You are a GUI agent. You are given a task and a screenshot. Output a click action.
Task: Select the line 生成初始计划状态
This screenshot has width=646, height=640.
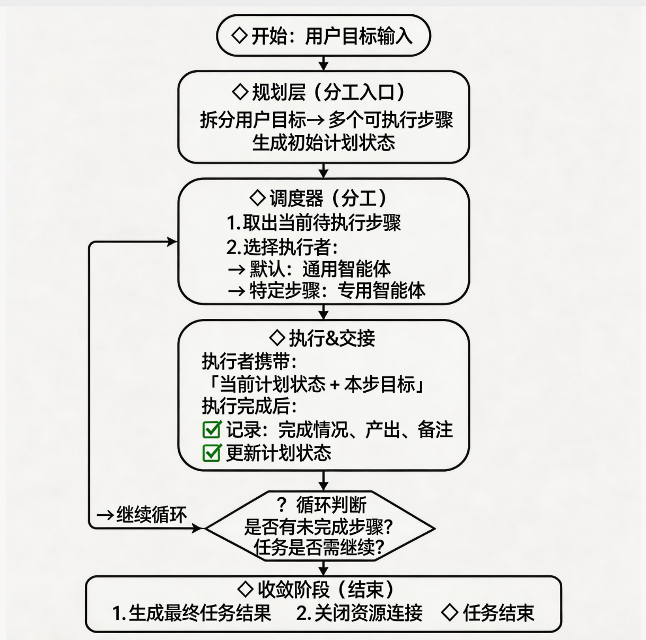324,143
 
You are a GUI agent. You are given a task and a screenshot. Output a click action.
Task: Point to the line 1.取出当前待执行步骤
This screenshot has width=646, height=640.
313,223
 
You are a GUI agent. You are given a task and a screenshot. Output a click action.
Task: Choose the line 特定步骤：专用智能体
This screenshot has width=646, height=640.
337,291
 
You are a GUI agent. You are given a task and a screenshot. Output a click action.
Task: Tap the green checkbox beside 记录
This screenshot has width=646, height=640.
212,429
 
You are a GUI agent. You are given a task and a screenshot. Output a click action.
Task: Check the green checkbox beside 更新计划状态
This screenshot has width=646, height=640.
212,453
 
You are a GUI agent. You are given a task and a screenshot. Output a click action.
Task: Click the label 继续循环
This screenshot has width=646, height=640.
151,515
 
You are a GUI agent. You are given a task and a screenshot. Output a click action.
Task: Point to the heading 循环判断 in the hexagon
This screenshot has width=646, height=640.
331,505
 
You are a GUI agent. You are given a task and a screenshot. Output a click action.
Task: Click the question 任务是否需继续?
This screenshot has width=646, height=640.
319,547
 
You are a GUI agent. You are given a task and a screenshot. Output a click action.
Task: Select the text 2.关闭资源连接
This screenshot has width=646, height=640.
360,613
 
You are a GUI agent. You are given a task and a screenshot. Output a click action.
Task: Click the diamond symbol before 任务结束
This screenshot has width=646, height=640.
450,613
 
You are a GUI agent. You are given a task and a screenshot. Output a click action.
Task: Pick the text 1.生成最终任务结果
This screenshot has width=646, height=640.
191,613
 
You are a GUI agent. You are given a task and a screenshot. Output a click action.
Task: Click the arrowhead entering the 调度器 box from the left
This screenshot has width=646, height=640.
172,242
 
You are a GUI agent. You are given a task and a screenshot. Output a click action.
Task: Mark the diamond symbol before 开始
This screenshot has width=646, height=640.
240,36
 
